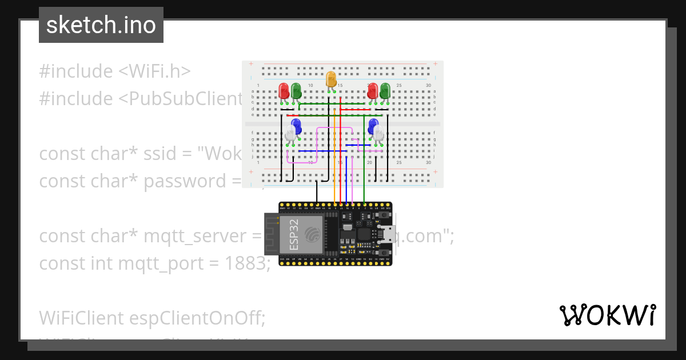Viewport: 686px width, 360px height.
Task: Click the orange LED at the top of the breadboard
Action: pyautogui.click(x=331, y=79)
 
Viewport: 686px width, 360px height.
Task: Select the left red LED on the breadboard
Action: pyautogui.click(x=284, y=90)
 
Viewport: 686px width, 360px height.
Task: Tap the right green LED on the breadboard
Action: pyautogui.click(x=385, y=90)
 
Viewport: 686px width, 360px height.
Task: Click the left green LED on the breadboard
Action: pyautogui.click(x=296, y=90)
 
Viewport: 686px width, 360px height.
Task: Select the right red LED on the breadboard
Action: pyautogui.click(x=373, y=90)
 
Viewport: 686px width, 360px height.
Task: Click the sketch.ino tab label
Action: pyautogui.click(x=101, y=25)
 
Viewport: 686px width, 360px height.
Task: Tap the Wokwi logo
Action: pyautogui.click(x=607, y=315)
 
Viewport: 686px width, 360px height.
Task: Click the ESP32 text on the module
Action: pyautogui.click(x=294, y=236)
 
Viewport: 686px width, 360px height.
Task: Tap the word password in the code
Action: pyautogui.click(x=181, y=181)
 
